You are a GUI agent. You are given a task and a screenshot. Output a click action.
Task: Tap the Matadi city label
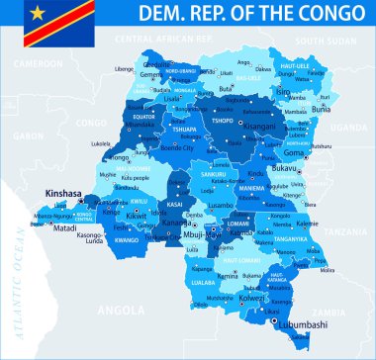tap(64, 227)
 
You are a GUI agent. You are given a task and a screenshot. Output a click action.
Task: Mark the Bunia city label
tap(323, 110)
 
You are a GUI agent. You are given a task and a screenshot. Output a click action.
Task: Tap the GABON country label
tap(31, 135)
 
